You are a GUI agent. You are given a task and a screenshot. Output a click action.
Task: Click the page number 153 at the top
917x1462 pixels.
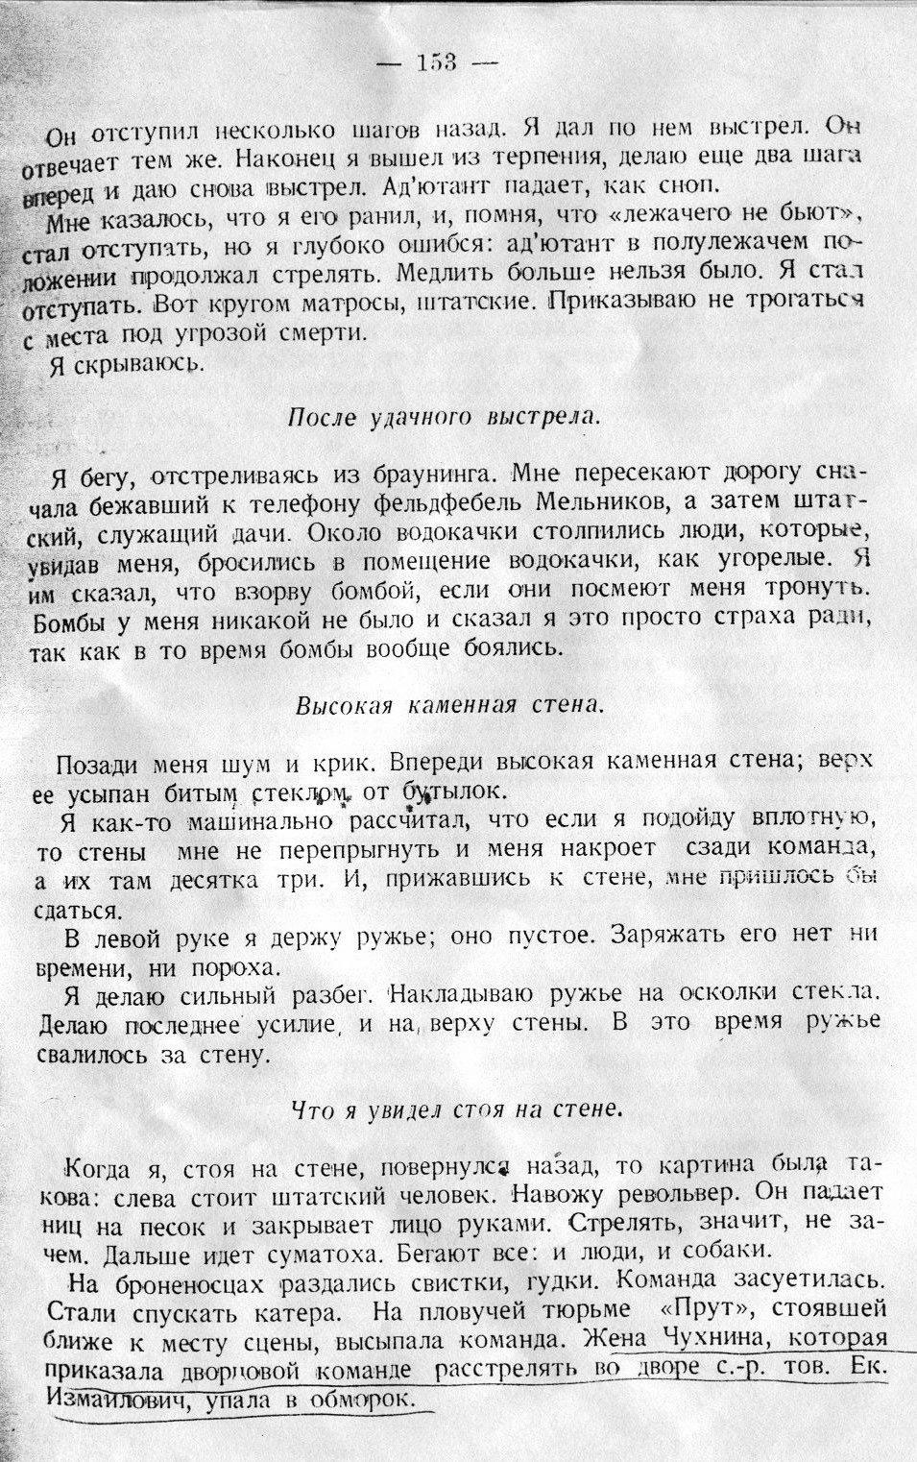pyautogui.click(x=437, y=63)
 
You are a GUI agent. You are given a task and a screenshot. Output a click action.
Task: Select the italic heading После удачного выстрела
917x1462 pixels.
pyautogui.click(x=444, y=418)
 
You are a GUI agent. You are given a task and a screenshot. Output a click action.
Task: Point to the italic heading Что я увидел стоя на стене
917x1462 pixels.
pyautogui.click(x=457, y=1109)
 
